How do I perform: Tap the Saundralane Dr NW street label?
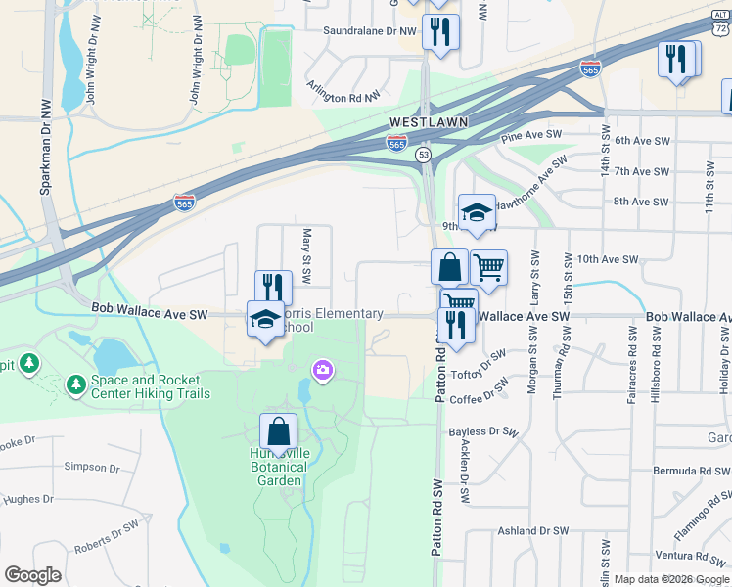371,30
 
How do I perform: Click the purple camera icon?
321,370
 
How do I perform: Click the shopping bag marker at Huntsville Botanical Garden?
279,430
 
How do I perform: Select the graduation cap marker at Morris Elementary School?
265,319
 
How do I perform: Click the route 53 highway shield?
423,155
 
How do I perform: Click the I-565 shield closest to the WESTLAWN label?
396,144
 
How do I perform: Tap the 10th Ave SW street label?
607,259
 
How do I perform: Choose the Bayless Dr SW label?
480,430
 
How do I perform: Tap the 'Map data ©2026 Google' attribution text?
670,579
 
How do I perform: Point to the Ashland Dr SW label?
533,530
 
